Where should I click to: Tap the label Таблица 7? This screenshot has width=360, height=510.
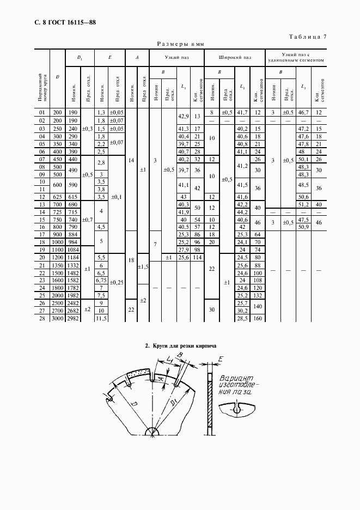click(307, 37)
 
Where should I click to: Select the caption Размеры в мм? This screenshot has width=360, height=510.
click(180, 45)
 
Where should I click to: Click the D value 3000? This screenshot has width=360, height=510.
click(57, 318)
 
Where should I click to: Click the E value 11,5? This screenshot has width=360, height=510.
click(101, 318)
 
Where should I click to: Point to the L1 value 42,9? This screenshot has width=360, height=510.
click(184, 116)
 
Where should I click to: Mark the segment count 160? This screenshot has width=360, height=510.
click(258, 318)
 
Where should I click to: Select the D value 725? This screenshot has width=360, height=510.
click(57, 211)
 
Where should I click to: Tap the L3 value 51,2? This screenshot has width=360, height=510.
click(304, 204)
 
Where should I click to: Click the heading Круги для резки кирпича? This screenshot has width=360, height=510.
click(180, 346)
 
